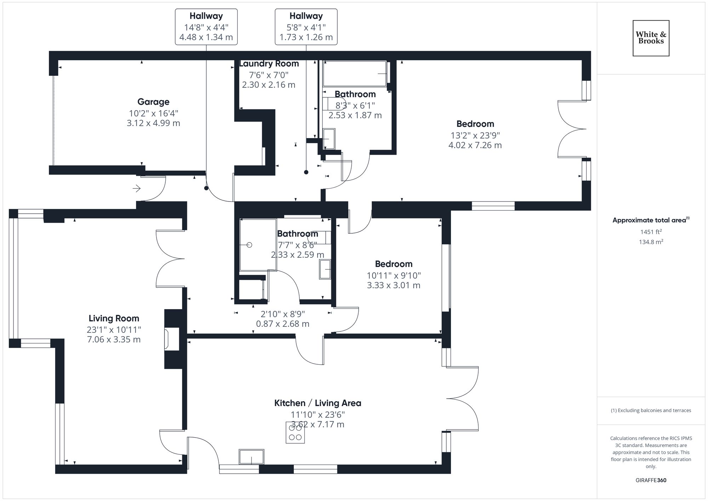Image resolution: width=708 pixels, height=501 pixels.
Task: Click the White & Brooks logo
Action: [x=651, y=38]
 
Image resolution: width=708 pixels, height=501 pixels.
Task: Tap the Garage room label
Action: [x=153, y=102]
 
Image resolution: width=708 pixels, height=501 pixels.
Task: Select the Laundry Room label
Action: [x=269, y=64]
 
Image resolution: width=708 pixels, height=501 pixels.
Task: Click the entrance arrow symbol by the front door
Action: [x=137, y=188]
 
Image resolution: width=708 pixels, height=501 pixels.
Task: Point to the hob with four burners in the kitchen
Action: [x=295, y=432]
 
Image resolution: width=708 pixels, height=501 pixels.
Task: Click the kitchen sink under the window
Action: [x=251, y=457]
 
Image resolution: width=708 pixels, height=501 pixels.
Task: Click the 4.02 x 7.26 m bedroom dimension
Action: [x=475, y=145]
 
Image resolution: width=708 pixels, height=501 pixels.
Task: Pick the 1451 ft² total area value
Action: [x=651, y=232]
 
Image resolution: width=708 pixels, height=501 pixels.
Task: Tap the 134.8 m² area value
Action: [x=651, y=242]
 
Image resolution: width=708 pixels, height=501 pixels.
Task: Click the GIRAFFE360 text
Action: [x=651, y=480]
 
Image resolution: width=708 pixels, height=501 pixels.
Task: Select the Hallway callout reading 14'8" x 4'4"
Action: [x=206, y=27]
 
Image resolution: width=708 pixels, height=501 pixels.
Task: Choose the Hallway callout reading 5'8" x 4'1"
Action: [x=306, y=27]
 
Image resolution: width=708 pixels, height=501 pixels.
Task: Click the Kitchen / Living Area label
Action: [x=318, y=403]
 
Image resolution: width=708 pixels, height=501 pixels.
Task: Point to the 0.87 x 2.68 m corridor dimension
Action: [x=282, y=324]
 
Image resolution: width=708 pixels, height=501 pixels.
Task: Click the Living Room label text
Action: [x=114, y=318]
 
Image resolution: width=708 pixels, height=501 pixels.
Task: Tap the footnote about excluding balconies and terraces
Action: [x=651, y=410]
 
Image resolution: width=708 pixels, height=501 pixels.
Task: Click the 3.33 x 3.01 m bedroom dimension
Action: [x=393, y=285]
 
